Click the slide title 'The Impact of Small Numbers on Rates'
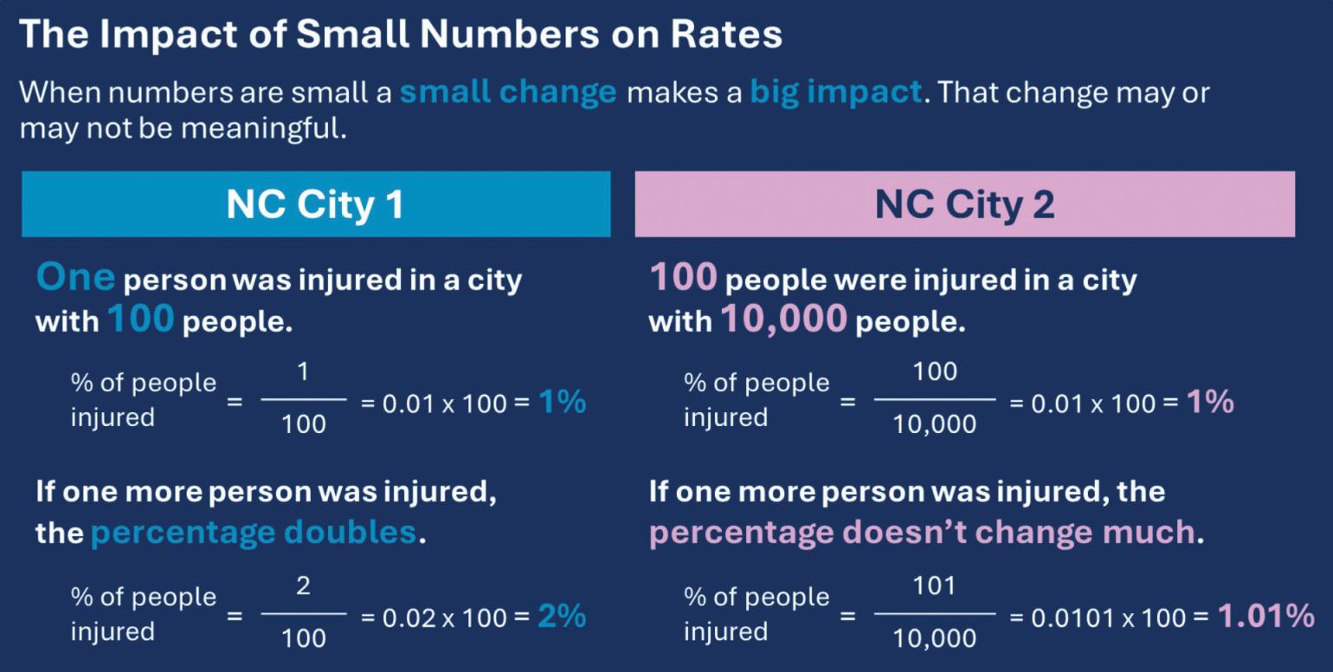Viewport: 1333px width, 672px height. pos(400,35)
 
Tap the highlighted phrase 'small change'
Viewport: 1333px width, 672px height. pos(507,92)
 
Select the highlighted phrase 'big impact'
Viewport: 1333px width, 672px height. pos(835,92)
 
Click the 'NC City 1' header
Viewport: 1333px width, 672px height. pos(315,205)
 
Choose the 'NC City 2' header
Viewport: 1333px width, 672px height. pos(964,205)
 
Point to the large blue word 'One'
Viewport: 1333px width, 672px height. pos(75,278)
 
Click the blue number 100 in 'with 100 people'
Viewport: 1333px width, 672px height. pos(141,320)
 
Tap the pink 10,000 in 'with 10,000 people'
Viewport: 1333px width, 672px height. pos(782,320)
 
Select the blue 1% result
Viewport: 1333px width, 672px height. pos(562,403)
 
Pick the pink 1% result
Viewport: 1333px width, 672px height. pos(1209,403)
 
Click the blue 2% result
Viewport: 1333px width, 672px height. pos(562,617)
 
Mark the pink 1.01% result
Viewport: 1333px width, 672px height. pos(1265,617)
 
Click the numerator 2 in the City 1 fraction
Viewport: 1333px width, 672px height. pos(303,586)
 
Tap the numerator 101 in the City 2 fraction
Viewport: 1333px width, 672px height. pos(934,586)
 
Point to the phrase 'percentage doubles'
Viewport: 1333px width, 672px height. pos(254,532)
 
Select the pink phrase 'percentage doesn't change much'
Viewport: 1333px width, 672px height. pos(922,533)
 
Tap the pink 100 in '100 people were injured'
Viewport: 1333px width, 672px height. pos(683,278)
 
